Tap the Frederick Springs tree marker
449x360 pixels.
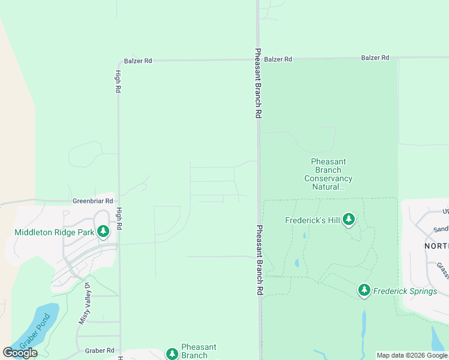pyautogui.click(x=364, y=291)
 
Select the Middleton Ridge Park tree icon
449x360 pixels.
pyautogui.click(x=103, y=232)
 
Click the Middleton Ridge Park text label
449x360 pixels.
pyautogui.click(x=54, y=232)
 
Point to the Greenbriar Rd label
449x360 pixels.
pyautogui.click(x=92, y=201)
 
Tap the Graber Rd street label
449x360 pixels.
pyautogui.click(x=100, y=350)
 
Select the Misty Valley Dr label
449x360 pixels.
pyautogui.click(x=83, y=304)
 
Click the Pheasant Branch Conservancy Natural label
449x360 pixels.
pyautogui.click(x=328, y=174)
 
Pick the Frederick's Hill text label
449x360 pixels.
pyautogui.click(x=312, y=220)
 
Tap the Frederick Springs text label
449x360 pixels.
pyautogui.click(x=405, y=291)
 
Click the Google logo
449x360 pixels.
pyautogui.click(x=20, y=353)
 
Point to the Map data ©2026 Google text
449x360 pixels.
pyautogui.click(x=412, y=355)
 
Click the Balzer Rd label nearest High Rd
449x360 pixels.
pyautogui.click(x=138, y=61)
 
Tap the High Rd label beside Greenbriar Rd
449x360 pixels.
pyautogui.click(x=119, y=220)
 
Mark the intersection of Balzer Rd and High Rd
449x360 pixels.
pyautogui.click(x=118, y=61)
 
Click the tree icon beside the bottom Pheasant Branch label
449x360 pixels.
pyautogui.click(x=172, y=353)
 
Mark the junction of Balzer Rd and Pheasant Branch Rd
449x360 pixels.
pyautogui.click(x=258, y=59)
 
